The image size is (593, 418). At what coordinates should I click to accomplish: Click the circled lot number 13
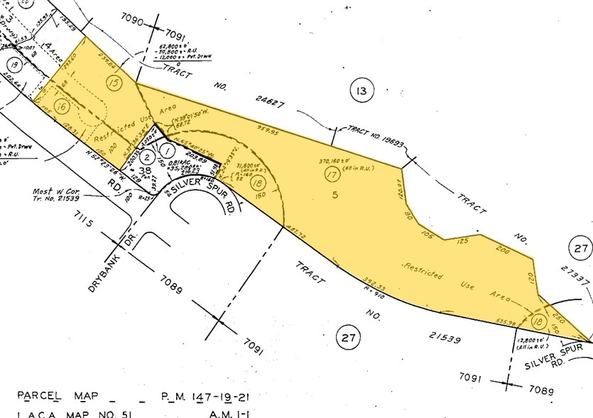[361, 90]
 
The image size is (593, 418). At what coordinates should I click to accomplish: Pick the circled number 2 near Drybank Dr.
[146, 156]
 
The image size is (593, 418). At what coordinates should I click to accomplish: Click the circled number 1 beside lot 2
[167, 150]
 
